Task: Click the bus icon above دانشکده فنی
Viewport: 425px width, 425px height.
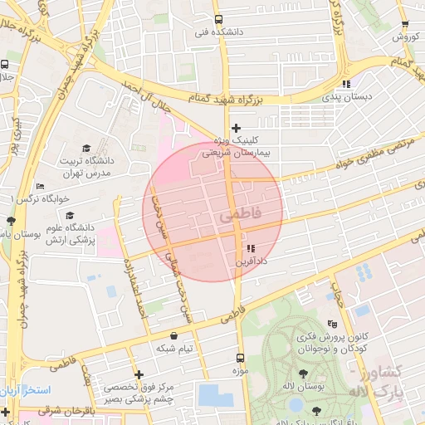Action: coord(218,19)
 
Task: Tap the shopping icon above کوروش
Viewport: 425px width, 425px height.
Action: coord(405,25)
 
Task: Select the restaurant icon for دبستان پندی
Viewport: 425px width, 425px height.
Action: coord(346,84)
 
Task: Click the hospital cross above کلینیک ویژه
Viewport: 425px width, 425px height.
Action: coord(237,128)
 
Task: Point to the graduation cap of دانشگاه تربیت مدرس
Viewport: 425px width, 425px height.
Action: coord(86,148)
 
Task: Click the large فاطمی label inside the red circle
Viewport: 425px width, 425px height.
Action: coord(240,214)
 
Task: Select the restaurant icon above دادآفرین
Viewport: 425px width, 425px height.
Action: coord(251,248)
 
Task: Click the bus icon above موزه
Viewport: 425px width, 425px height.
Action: coord(241,358)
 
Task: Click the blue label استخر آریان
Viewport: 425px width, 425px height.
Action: coord(26,389)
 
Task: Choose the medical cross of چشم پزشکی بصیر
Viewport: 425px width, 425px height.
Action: coord(139,374)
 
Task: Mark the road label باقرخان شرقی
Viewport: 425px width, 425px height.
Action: coord(50,410)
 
